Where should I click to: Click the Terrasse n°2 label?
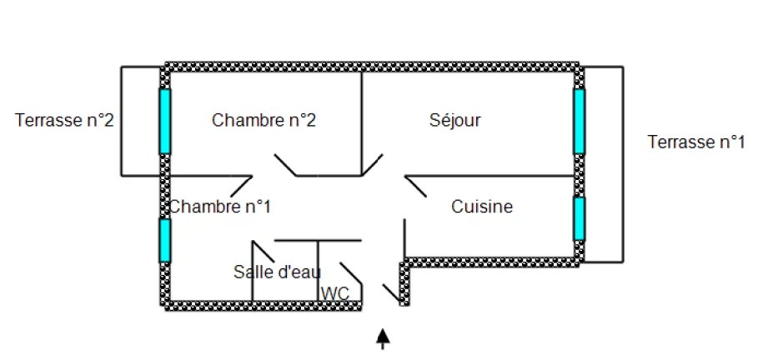click(x=64, y=120)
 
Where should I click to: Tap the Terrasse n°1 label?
click(x=695, y=142)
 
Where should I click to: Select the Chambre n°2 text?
click(x=264, y=120)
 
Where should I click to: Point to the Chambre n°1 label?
click(x=220, y=205)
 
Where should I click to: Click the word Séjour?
click(x=454, y=120)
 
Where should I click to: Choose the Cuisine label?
click(x=482, y=205)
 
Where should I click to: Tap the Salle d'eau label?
click(x=277, y=271)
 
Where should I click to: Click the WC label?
click(x=335, y=292)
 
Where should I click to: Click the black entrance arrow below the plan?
click(x=383, y=337)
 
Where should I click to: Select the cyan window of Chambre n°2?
click(x=165, y=121)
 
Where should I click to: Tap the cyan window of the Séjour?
click(x=579, y=121)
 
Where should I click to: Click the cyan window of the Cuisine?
click(x=579, y=217)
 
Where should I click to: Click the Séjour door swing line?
click(x=372, y=165)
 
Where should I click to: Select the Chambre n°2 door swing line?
click(x=285, y=165)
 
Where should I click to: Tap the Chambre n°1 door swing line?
click(x=242, y=185)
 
